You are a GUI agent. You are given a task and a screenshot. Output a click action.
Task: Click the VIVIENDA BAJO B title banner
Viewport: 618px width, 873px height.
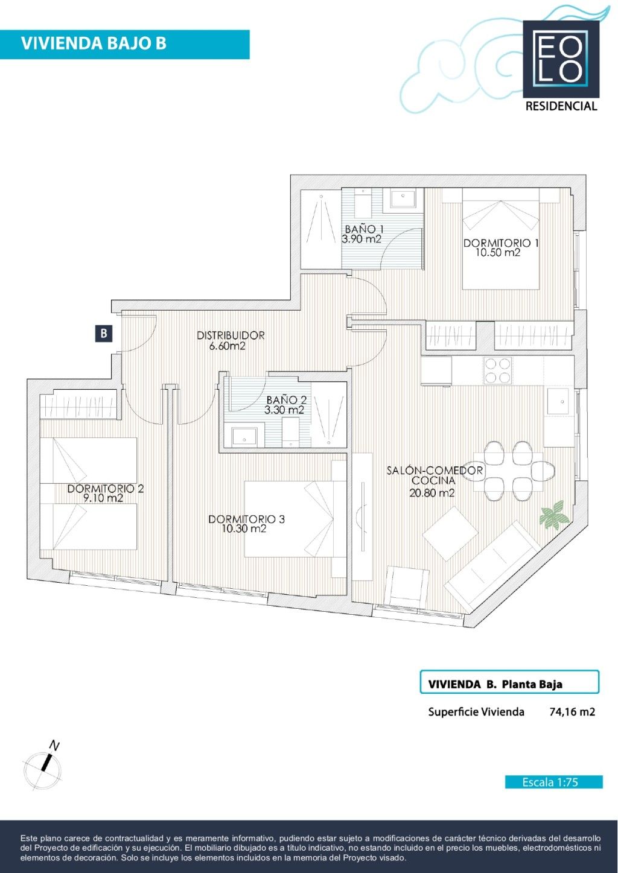pos(125,44)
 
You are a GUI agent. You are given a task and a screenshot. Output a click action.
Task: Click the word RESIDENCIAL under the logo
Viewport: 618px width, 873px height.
pos(561,106)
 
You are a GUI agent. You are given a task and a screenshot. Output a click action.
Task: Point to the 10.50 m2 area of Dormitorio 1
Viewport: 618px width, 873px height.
pos(498,253)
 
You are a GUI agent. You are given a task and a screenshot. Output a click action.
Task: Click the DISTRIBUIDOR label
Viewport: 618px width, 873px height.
pos(231,335)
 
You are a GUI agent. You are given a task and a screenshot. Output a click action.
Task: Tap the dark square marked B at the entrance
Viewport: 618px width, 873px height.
pos(104,334)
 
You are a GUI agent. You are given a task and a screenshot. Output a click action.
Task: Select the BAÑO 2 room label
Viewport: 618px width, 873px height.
pos(287,400)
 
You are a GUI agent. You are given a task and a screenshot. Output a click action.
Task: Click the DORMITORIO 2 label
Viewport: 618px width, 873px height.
pos(105,488)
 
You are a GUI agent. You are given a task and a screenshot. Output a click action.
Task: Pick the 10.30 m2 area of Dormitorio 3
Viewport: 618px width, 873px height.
pos(244,529)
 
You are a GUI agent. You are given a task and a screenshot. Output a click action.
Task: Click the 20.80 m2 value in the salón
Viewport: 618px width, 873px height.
pos(432,493)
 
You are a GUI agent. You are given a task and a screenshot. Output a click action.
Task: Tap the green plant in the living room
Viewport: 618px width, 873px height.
pos(554,515)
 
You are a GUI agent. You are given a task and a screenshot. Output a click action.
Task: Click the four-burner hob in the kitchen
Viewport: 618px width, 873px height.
pos(497,370)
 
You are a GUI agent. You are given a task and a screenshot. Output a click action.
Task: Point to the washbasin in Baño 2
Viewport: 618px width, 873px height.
pos(244,437)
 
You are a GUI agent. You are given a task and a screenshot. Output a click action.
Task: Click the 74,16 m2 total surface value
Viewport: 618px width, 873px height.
pos(572,712)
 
